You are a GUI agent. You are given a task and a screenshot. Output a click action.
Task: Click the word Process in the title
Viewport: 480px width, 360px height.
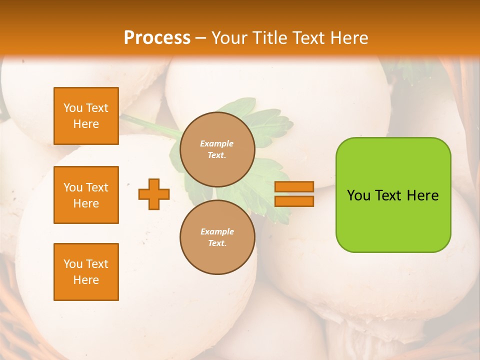[x=157, y=38]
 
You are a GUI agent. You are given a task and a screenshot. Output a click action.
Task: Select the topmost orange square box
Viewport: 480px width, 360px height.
[x=86, y=116]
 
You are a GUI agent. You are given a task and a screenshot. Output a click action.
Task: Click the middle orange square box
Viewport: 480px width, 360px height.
[x=86, y=195]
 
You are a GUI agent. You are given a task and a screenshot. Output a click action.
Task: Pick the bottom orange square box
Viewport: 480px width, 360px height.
[x=86, y=272]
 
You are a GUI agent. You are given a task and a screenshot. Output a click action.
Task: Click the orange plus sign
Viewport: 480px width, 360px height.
[x=154, y=194]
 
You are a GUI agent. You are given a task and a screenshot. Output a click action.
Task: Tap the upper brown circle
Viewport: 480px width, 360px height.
[x=217, y=149]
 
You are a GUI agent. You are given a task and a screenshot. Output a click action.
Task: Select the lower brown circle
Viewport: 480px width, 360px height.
[x=217, y=237]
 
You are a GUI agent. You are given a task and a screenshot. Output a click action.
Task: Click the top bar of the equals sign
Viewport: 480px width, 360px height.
[x=294, y=187]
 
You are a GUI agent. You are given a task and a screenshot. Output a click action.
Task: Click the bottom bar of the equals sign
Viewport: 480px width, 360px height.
[x=294, y=201]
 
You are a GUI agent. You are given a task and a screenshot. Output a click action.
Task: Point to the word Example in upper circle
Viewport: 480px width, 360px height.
[x=216, y=143]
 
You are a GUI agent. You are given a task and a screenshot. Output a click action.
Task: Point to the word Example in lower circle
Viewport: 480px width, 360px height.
[x=217, y=231]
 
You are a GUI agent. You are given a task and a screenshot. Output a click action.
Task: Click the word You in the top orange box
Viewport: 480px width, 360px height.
[x=73, y=108]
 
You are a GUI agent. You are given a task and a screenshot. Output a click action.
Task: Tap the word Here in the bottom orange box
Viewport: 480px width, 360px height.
[x=86, y=280]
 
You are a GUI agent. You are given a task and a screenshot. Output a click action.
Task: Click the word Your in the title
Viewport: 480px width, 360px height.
[x=228, y=38]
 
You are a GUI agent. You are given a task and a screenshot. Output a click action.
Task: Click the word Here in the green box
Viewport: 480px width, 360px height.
[x=423, y=195]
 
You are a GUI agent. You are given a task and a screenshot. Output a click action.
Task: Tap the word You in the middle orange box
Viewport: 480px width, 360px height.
[x=73, y=187]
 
